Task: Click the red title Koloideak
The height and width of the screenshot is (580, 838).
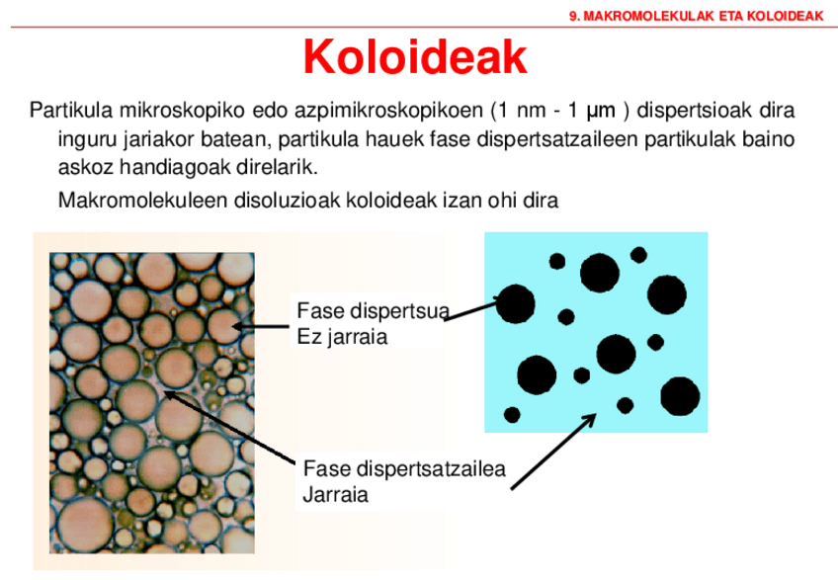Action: pos(414,56)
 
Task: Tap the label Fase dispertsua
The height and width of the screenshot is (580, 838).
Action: pos(372,314)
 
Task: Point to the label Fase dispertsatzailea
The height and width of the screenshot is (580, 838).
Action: pos(405,468)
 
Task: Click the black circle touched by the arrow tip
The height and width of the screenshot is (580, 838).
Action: pos(515,303)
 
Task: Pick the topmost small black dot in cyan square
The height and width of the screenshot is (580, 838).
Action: pos(638,254)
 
